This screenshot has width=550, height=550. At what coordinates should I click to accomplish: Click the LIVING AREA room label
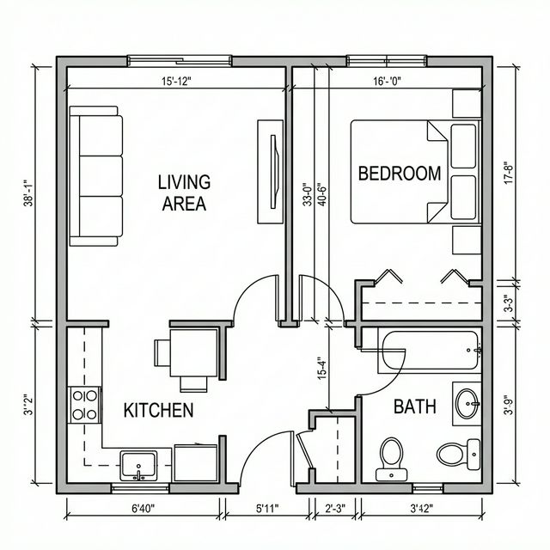[x=184, y=192]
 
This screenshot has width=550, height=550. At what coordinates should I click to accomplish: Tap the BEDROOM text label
[x=399, y=173]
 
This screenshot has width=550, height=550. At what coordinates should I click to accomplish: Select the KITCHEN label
[x=159, y=410]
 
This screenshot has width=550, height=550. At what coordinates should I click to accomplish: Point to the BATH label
[x=415, y=406]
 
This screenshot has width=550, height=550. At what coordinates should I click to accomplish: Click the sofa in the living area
[x=95, y=176]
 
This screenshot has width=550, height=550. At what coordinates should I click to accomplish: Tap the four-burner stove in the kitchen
[x=84, y=405]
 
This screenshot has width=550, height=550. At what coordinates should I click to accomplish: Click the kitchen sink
[x=138, y=466]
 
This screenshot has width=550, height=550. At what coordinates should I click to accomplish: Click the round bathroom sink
[x=467, y=402]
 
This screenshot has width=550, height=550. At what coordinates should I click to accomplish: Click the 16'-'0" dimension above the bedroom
[x=387, y=81]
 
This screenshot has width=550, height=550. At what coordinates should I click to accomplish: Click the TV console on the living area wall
[x=270, y=159]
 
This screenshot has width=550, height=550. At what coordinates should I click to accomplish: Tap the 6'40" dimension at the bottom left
[x=145, y=509]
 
